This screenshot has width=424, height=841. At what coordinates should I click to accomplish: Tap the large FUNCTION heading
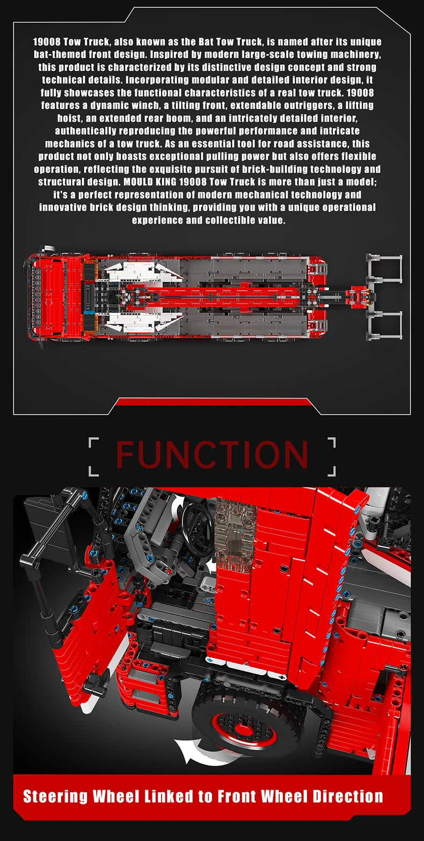212,455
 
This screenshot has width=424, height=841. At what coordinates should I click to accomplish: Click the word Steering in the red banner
55,797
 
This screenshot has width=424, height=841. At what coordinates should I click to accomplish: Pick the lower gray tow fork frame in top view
384,326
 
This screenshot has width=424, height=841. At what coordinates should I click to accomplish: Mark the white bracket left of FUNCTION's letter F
93,456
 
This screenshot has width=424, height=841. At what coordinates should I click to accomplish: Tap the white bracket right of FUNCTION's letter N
332,456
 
